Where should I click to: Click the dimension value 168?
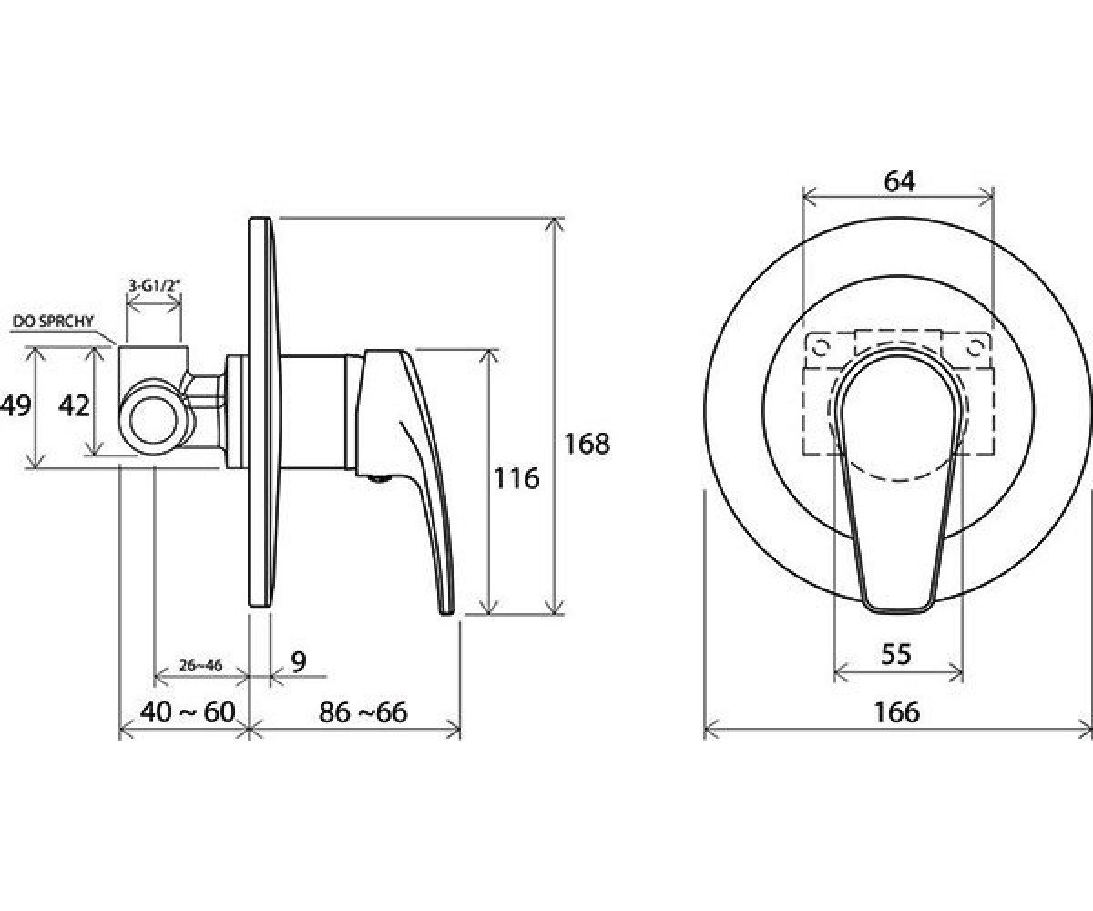point(587,444)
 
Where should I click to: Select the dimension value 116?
point(516,478)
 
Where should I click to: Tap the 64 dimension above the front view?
point(899,181)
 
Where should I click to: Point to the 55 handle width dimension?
point(896,654)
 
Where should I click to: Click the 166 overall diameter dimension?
point(896,712)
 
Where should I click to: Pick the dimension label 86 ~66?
point(363,712)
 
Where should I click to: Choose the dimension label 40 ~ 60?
point(188,712)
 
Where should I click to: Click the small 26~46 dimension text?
point(200,665)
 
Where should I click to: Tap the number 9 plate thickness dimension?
point(298,661)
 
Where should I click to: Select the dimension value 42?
point(74,405)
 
